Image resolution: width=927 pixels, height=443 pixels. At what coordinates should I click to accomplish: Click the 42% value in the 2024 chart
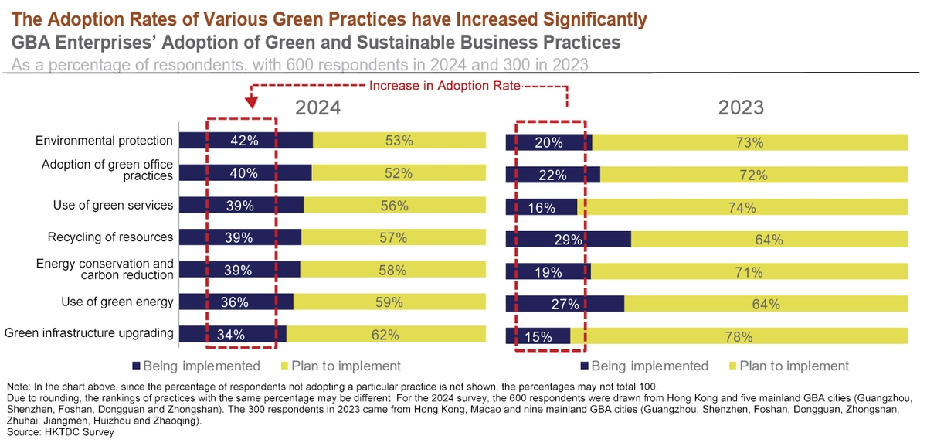tap(243, 141)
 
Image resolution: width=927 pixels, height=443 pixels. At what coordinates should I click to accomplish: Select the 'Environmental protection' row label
tap(104, 141)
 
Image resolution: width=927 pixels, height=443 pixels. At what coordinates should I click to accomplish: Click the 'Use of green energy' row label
tap(117, 302)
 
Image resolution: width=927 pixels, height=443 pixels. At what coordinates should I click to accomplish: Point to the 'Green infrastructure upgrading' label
tap(89, 334)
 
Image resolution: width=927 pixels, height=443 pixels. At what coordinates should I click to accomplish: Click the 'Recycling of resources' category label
tap(110, 237)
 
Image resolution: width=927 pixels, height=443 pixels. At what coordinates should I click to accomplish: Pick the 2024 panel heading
tap(317, 107)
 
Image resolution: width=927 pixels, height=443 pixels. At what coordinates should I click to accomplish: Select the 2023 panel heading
tap(741, 107)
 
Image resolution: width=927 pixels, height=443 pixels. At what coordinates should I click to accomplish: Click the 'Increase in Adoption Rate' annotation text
tap(444, 86)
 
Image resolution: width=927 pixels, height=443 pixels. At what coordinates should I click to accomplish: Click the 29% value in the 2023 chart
tap(568, 240)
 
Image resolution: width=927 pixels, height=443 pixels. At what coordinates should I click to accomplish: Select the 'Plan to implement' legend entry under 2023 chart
tap(794, 366)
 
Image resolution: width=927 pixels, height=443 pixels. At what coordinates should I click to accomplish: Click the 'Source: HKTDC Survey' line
tap(59, 432)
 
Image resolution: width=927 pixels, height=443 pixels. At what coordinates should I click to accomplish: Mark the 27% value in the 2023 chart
tap(565, 304)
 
